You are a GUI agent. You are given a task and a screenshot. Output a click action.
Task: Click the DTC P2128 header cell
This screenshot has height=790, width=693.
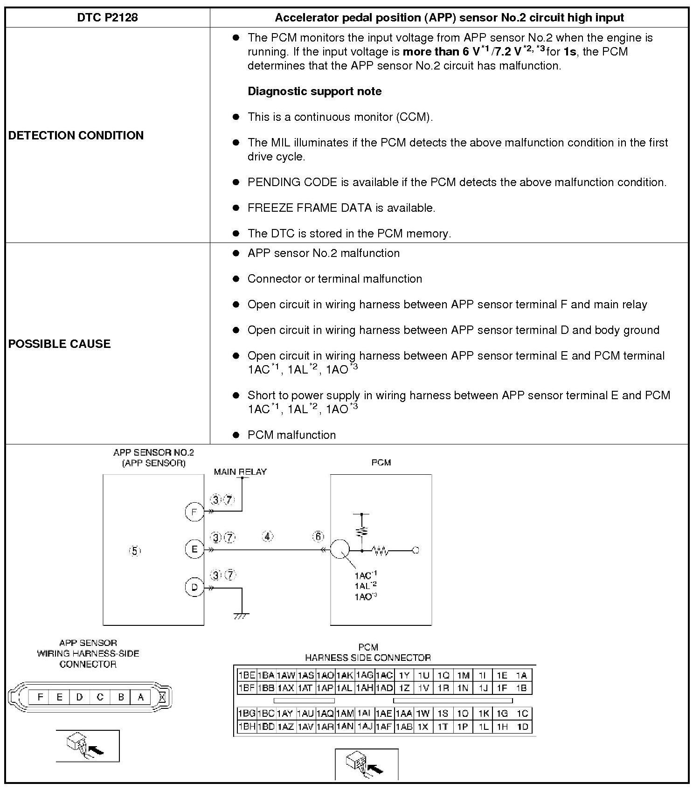[107, 18]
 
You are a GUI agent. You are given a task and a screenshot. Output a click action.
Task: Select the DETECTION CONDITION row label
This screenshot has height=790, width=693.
[76, 135]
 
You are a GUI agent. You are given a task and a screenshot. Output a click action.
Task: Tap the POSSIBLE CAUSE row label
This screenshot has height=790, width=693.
[60, 344]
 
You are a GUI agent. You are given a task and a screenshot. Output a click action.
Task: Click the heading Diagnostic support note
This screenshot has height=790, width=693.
[314, 91]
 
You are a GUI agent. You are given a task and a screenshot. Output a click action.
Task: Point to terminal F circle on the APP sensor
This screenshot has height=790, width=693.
[194, 512]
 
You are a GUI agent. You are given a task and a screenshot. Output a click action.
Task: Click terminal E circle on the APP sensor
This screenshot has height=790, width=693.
[194, 549]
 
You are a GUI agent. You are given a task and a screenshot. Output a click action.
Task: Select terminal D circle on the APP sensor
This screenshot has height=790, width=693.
[194, 587]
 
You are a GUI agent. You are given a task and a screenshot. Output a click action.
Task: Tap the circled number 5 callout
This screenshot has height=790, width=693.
[135, 551]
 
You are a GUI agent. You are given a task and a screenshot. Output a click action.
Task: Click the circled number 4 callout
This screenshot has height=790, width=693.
[267, 537]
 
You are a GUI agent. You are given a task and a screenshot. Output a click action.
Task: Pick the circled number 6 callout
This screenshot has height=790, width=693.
[318, 537]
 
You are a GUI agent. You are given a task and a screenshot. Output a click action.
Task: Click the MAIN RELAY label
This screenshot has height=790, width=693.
[240, 472]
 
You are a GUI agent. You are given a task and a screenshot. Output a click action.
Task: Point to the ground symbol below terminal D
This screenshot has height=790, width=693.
[242, 616]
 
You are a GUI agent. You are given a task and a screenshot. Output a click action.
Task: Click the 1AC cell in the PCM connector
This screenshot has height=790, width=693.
[384, 675]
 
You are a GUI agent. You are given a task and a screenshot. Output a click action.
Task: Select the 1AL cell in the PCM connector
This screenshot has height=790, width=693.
[345, 688]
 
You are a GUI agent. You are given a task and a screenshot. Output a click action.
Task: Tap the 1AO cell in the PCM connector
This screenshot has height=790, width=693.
[325, 675]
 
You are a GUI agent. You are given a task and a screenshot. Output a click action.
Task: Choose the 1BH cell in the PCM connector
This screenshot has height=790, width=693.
[246, 727]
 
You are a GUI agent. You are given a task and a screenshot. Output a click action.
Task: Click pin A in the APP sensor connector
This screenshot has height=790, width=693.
[140, 697]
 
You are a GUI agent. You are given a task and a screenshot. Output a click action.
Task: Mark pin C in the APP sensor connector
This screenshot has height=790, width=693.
[100, 697]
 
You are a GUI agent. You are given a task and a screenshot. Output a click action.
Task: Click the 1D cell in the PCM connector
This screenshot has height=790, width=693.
[523, 727]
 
